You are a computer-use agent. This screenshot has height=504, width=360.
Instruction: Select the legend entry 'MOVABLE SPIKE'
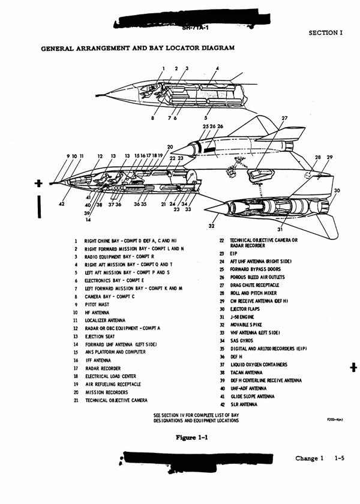[x=247, y=325]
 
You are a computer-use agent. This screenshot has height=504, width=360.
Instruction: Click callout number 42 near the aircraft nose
[x=62, y=204]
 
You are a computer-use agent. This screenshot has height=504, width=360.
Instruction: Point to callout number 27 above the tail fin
[x=284, y=118]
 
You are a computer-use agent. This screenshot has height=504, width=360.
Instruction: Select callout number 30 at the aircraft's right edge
[x=337, y=191]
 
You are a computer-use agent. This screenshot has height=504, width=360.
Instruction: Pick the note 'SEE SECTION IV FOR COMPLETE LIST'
[x=196, y=418]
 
